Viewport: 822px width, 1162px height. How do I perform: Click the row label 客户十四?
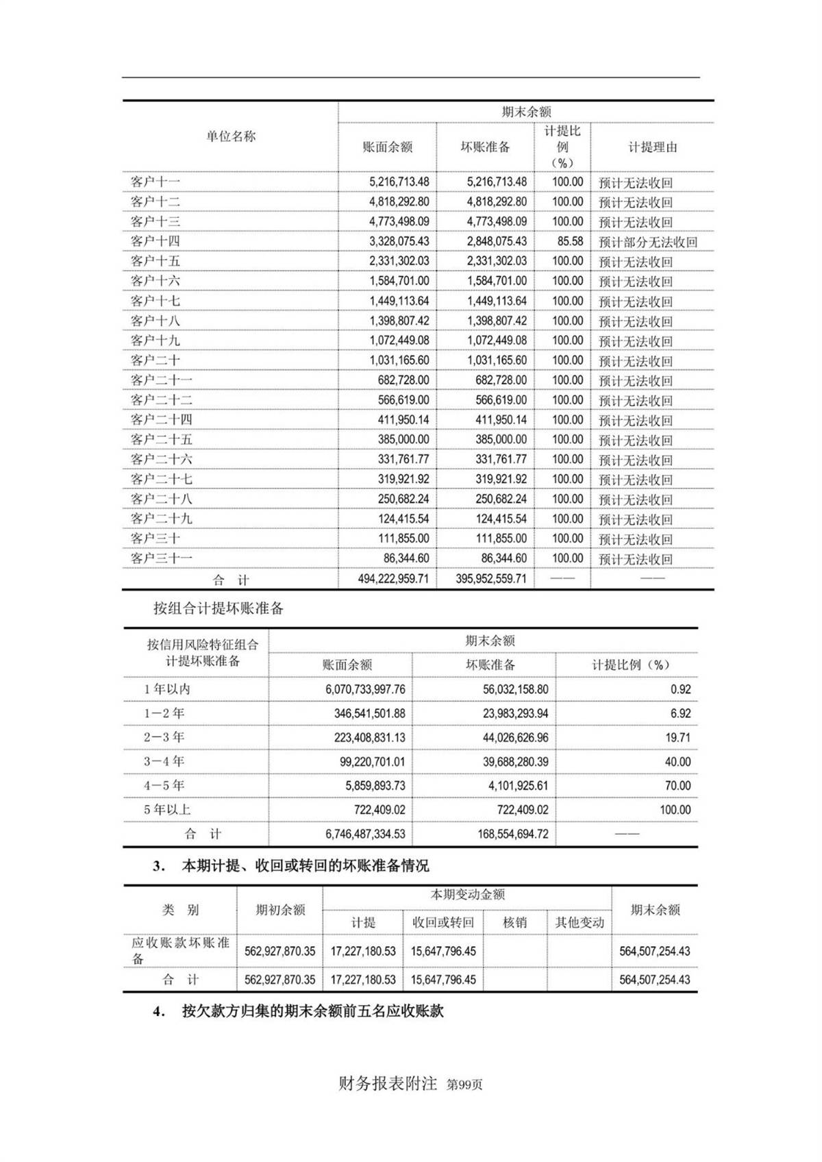pyautogui.click(x=155, y=241)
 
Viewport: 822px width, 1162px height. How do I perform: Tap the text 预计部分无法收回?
pyautogui.click(x=647, y=242)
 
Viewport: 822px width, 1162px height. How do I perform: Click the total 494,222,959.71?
pyautogui.click(x=393, y=579)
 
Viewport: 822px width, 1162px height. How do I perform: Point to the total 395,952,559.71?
pyautogui.click(x=491, y=579)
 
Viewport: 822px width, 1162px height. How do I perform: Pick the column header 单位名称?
pyautogui.click(x=231, y=136)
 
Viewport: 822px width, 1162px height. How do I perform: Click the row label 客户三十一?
pyautogui.click(x=162, y=558)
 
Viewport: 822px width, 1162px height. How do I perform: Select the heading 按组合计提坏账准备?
pyautogui.click(x=219, y=608)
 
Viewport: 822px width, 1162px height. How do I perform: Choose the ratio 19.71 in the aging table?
pyautogui.click(x=677, y=738)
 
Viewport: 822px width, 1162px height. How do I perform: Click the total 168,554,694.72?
pyautogui.click(x=513, y=834)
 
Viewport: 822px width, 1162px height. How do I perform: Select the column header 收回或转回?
pyautogui.click(x=443, y=922)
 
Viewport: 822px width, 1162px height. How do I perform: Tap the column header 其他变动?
pyautogui.click(x=580, y=922)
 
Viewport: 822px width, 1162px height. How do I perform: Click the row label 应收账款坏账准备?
pyautogui.click(x=180, y=950)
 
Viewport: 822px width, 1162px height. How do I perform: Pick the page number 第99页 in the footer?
pyautogui.click(x=464, y=1085)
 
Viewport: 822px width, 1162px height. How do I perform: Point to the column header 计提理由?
pyautogui.click(x=652, y=147)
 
